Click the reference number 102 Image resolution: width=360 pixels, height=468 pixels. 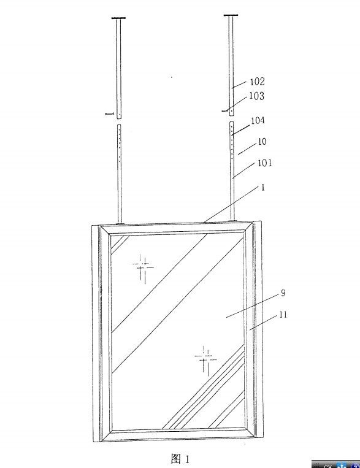tap(257, 82)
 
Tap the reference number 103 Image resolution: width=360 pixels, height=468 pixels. tap(257, 96)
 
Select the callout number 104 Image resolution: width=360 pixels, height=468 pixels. tap(258, 121)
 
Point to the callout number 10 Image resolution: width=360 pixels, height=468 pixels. tap(262, 142)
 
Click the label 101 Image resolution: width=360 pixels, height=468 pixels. tap(265, 163)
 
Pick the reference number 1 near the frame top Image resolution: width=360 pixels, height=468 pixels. tap(263, 188)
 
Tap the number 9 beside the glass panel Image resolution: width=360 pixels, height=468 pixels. tap(283, 293)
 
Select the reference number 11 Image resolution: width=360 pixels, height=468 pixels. tap(283, 315)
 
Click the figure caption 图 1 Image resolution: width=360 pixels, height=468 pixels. tap(180, 458)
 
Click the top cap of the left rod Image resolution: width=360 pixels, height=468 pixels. tap(118, 18)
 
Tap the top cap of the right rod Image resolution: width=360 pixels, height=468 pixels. tap(231, 15)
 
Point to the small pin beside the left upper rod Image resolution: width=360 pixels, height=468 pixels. tap(110, 113)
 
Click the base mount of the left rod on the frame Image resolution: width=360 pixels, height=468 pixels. tap(120, 223)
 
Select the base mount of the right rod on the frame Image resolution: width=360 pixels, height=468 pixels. tap(233, 221)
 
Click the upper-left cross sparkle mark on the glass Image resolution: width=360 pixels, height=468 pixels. tap(143, 267)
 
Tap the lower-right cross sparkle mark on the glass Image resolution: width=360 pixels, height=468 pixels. tap(205, 359)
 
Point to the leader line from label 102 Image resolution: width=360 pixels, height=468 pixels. tap(239, 84)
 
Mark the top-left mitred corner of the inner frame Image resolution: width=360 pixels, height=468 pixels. tap(105, 231)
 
